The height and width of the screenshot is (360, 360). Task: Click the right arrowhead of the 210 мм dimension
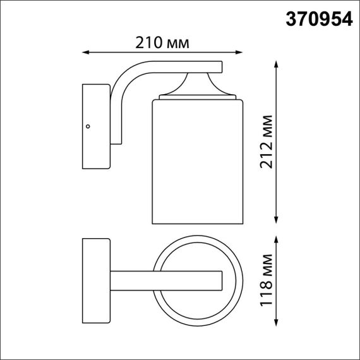pos(241,52)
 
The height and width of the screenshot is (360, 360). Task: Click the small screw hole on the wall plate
pos(88,126)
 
